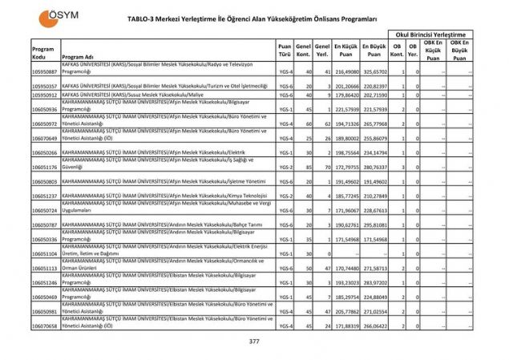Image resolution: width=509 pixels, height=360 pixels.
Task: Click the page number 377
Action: click(254, 342)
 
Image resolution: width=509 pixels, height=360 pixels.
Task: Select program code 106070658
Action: click(45, 326)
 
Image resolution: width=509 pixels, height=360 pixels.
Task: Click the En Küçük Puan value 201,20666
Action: click(346, 84)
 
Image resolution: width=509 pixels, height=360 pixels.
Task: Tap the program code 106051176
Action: click(45, 167)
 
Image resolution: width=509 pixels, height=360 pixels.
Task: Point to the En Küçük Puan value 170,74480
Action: click(346, 269)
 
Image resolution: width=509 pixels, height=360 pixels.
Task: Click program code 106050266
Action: click(45, 152)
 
